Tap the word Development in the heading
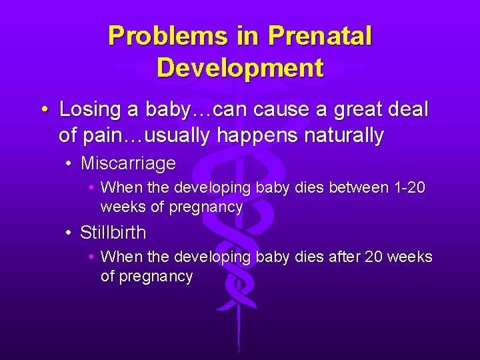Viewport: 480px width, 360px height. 240,67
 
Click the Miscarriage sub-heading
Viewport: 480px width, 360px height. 128,163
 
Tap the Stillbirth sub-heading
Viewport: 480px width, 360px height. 113,233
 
